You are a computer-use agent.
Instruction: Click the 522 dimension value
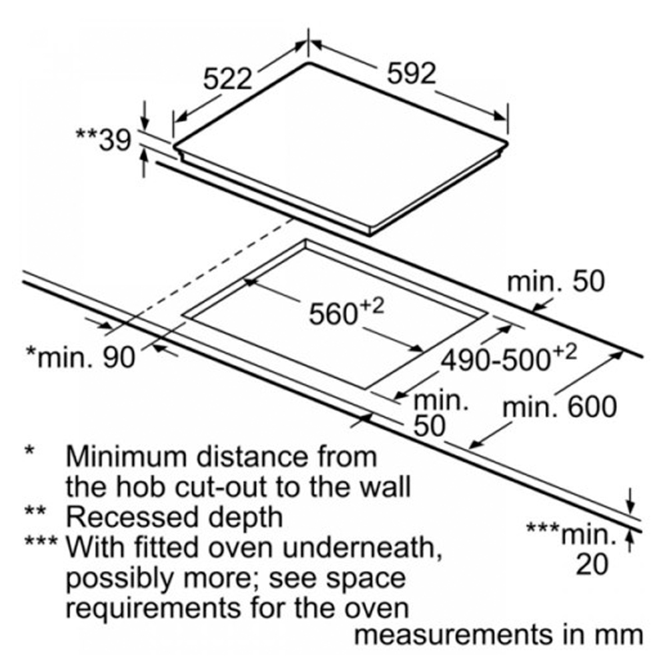coord(229,79)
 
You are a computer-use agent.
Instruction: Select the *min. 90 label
coord(80,357)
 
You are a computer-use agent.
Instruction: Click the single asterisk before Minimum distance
coord(30,452)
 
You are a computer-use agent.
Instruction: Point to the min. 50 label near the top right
coord(555,281)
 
